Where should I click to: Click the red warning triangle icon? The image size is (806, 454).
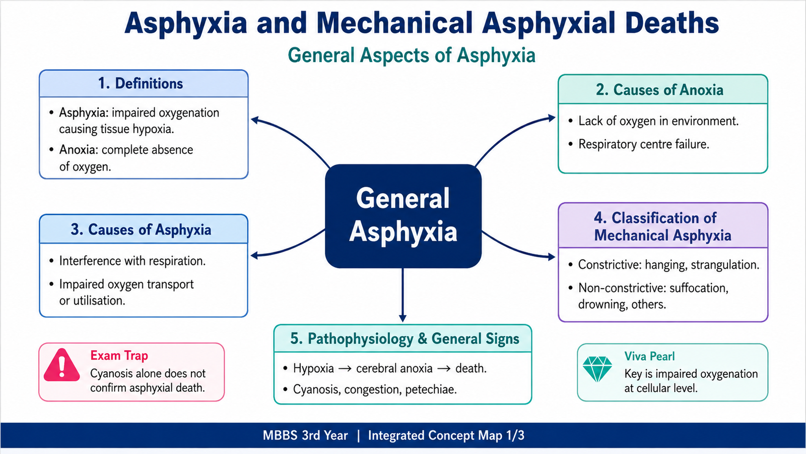61,365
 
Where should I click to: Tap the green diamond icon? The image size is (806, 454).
597,369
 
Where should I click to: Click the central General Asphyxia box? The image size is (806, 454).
403,216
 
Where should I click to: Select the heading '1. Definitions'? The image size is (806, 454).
141,84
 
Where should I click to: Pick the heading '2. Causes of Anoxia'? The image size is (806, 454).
659,90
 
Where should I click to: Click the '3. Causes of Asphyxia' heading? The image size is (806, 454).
141,230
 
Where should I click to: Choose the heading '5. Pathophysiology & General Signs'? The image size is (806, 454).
405,338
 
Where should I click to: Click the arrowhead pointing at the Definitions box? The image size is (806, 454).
255,120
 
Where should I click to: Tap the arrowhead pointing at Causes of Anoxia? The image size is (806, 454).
552,118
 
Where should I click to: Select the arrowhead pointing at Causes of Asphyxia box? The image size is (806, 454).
254,256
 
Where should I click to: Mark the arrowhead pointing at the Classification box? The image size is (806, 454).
552,257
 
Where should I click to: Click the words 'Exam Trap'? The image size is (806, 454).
119,356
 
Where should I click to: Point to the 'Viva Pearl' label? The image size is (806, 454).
649,356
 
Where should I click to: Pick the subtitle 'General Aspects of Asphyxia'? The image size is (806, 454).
412,55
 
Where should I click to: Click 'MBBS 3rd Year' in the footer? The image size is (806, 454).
305,435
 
